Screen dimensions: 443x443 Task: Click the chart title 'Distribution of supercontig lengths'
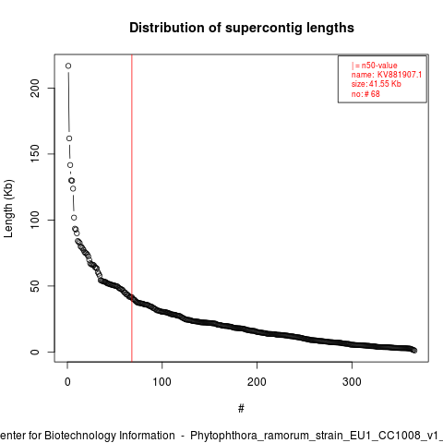point(242,28)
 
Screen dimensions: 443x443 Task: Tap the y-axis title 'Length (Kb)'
point(8,209)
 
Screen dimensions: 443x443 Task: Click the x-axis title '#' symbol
point(241,409)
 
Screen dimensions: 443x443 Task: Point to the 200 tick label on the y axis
point(35,88)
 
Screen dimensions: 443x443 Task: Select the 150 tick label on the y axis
point(35,154)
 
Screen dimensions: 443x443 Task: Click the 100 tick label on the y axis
point(35,220)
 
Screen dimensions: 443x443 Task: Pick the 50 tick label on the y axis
point(35,286)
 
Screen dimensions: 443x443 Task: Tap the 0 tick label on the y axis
point(35,352)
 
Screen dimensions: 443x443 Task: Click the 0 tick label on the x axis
point(67,382)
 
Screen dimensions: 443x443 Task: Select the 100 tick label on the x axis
point(162,382)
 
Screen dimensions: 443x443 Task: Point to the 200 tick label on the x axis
point(257,382)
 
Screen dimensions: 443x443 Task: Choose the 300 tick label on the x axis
point(352,382)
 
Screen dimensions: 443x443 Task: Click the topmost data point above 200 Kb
point(68,66)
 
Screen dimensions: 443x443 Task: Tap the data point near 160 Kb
point(69,138)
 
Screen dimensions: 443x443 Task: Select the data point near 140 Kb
point(70,165)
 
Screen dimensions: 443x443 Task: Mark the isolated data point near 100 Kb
point(74,218)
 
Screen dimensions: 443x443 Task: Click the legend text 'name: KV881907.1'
point(387,75)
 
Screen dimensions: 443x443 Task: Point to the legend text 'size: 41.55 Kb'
point(377,84)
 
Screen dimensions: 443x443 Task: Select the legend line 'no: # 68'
point(365,94)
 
